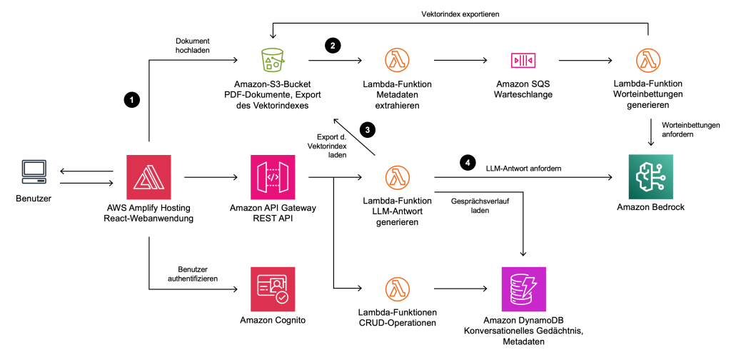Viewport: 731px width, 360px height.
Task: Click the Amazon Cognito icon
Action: (273, 288)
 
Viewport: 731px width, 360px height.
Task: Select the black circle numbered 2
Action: (332, 46)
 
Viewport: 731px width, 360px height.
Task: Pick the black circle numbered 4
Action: (468, 162)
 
